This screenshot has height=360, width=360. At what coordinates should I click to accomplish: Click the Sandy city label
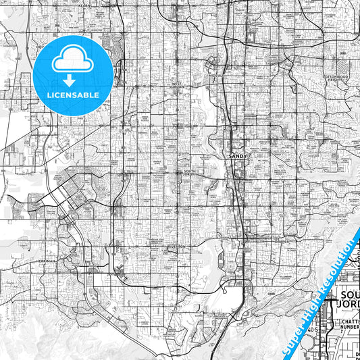[x=240, y=155]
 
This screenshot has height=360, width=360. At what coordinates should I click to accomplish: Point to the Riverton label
[x=177, y=247]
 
